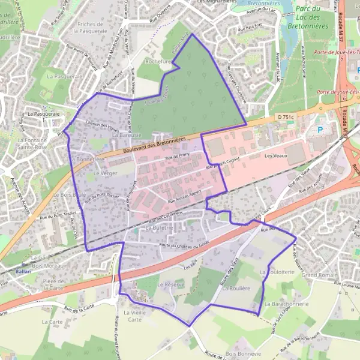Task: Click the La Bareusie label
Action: pos(127,136)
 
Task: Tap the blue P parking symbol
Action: pos(319,129)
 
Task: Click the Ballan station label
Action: pos(24,271)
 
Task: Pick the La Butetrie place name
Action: pos(159,229)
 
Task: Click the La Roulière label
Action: pos(235,288)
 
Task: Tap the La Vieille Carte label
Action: pos(134,316)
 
